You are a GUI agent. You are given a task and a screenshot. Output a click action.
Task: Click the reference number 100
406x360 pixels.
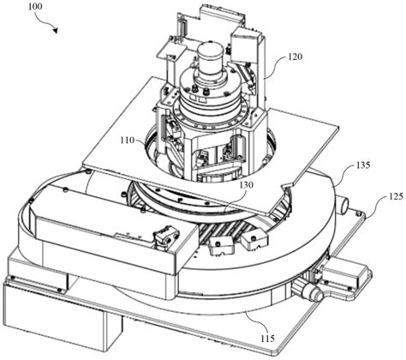click(35, 6)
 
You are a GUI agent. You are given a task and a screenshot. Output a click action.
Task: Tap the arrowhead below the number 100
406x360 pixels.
click(56, 30)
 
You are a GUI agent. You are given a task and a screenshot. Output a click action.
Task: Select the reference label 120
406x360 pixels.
click(295, 57)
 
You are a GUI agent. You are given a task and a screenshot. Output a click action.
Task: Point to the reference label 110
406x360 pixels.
click(127, 141)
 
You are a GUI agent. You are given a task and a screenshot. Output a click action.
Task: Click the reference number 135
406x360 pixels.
click(362, 165)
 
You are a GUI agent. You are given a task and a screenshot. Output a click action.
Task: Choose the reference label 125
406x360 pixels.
click(395, 196)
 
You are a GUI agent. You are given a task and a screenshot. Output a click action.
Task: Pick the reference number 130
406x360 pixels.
click(246, 185)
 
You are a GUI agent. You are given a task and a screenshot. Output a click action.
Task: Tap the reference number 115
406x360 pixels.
click(267, 339)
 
